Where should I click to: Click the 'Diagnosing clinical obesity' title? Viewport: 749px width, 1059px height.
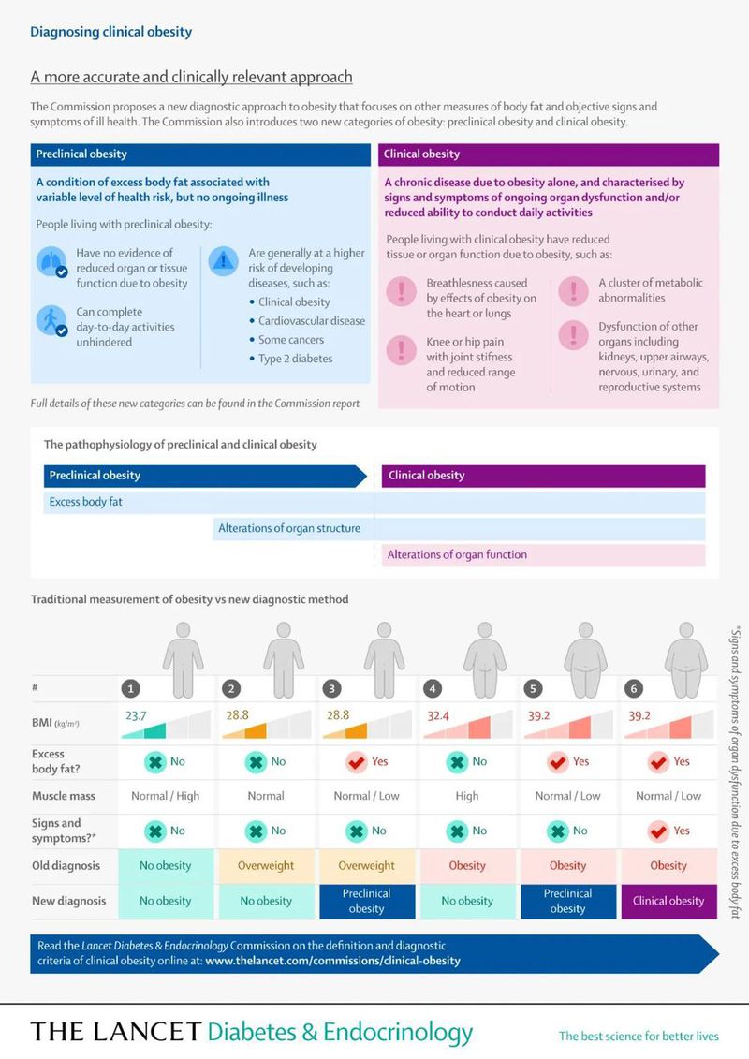(x=110, y=32)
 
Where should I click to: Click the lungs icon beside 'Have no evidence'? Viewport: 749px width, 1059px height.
(x=52, y=263)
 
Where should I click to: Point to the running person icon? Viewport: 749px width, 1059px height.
(x=52, y=320)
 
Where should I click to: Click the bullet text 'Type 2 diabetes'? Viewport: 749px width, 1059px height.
(x=295, y=359)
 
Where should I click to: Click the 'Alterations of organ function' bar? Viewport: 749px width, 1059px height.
(x=457, y=554)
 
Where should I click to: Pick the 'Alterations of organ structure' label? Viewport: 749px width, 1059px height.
(x=289, y=528)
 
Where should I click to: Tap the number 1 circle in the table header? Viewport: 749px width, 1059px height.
(x=132, y=688)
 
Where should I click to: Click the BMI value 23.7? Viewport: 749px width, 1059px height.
(x=137, y=714)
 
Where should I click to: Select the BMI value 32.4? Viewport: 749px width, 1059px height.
(x=439, y=714)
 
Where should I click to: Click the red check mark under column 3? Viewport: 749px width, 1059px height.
(x=356, y=761)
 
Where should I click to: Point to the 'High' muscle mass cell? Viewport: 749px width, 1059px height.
(x=467, y=796)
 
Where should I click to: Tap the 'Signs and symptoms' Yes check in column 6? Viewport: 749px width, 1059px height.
(x=658, y=830)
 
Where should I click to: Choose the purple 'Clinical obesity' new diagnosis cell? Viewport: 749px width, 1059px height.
(x=668, y=901)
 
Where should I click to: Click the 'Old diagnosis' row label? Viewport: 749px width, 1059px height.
(x=66, y=865)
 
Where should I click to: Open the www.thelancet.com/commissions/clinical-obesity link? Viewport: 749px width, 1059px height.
(x=332, y=961)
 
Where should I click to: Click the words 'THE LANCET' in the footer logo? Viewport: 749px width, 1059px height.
(x=115, y=1033)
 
